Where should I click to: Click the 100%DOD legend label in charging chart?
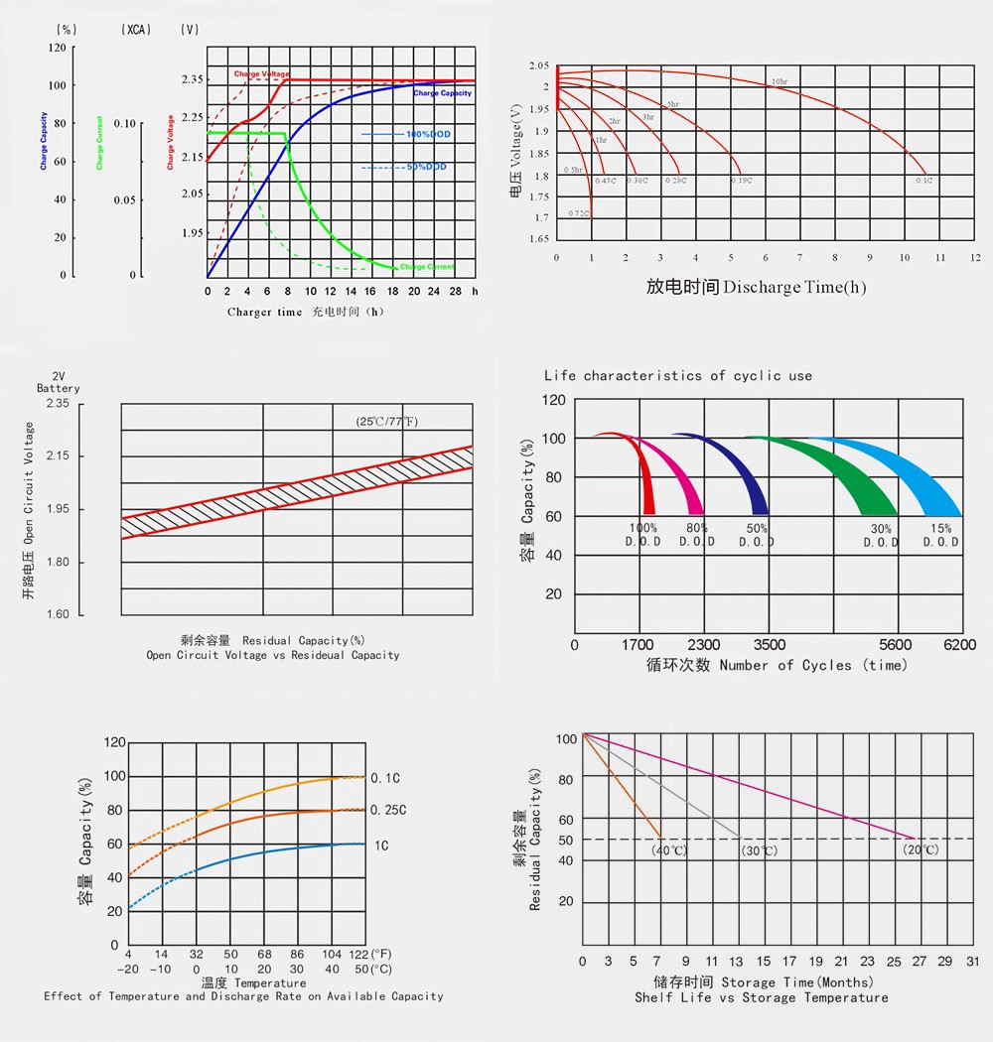pyautogui.click(x=425, y=134)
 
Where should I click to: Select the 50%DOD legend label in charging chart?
pyautogui.click(x=426, y=167)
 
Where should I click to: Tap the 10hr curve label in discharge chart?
pyautogui.click(x=780, y=80)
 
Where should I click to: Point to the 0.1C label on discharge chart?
pyautogui.click(x=923, y=181)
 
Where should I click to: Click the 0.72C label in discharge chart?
pyautogui.click(x=579, y=213)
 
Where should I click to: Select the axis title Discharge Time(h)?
pyautogui.click(x=756, y=288)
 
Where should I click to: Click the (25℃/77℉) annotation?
pyautogui.click(x=387, y=422)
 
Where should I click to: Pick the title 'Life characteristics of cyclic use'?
pyautogui.click(x=678, y=376)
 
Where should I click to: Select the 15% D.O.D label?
pyautogui.click(x=941, y=536)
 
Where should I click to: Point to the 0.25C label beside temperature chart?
pyautogui.click(x=388, y=811)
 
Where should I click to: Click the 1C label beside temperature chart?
pyautogui.click(x=381, y=846)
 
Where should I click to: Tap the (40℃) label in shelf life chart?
pyautogui.click(x=668, y=850)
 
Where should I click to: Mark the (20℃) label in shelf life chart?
pyautogui.click(x=921, y=850)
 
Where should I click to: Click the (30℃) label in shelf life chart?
pyautogui.click(x=760, y=851)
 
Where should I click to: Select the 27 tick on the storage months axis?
pyautogui.click(x=920, y=962)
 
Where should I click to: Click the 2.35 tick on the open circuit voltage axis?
pyautogui.click(x=58, y=404)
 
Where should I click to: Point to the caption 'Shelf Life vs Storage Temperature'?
pyautogui.click(x=762, y=997)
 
